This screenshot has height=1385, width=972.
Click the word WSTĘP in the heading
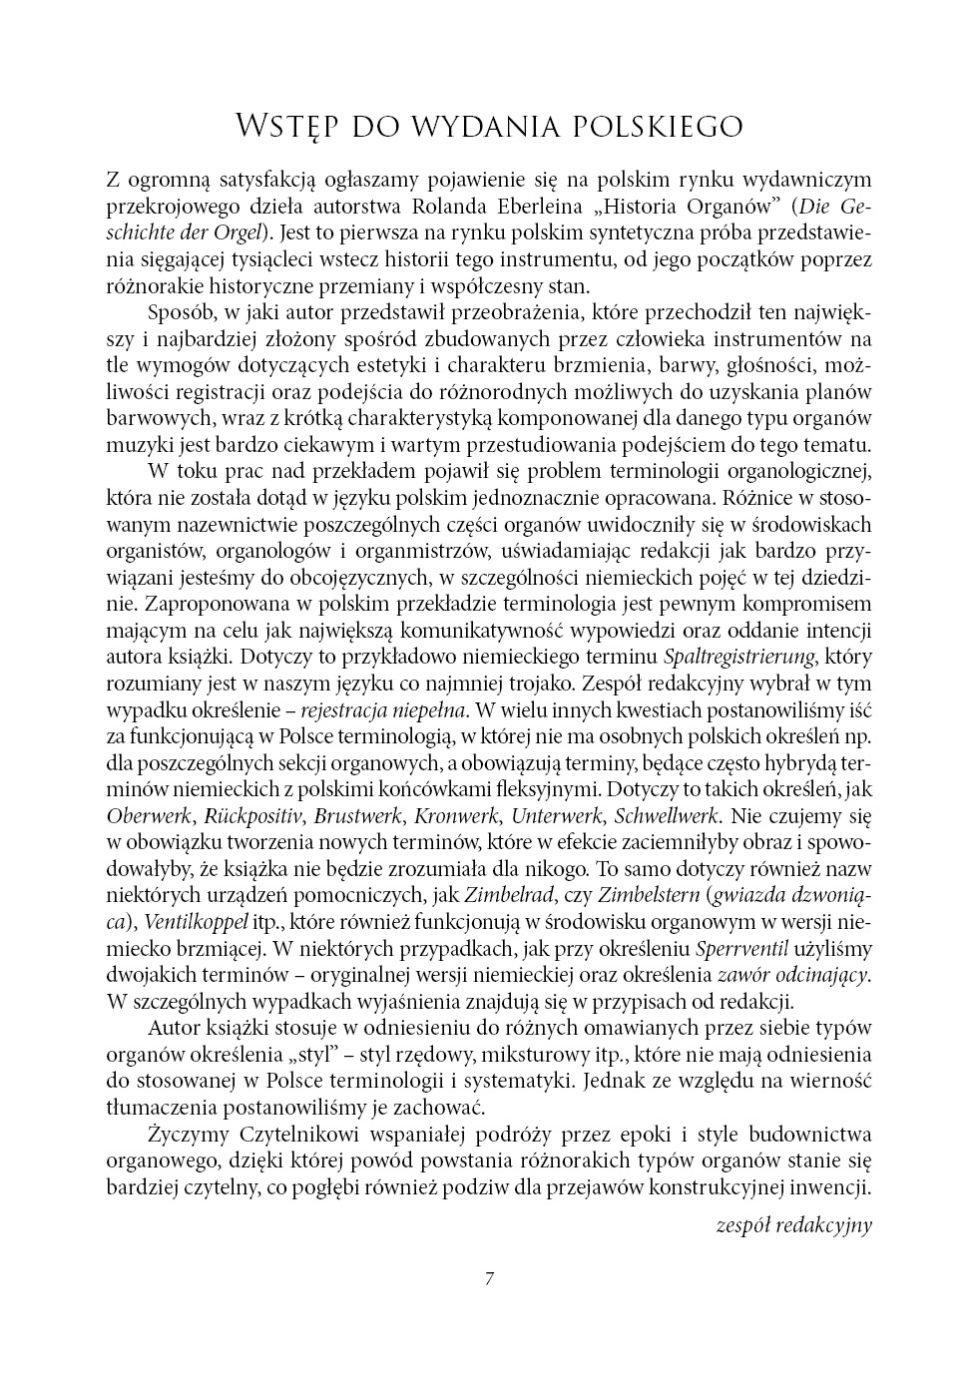pos(284,128)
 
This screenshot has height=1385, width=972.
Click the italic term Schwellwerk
pos(667,815)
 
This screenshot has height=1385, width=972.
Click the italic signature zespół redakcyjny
pos(793,1224)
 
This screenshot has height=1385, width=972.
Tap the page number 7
pos(488,1279)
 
